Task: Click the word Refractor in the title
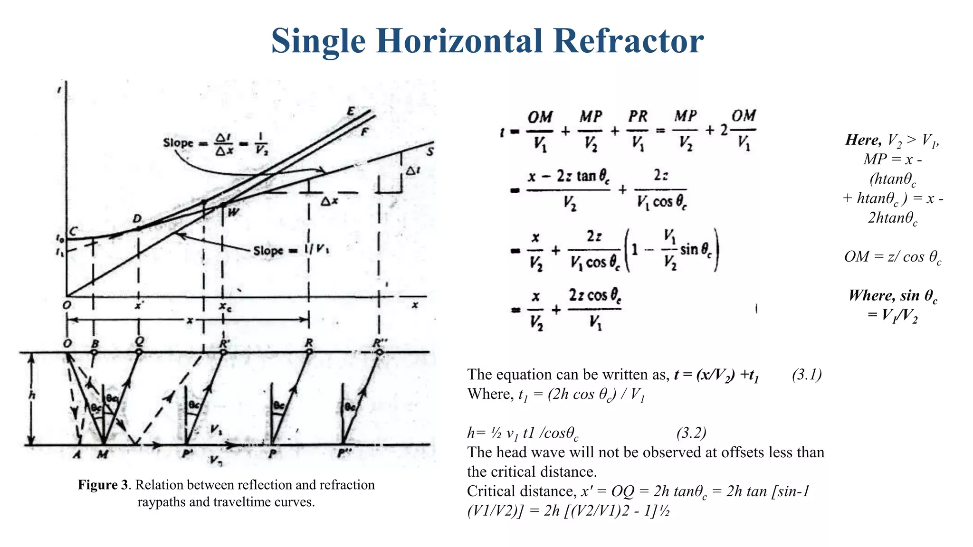pyautogui.click(x=628, y=41)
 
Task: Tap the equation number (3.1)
pyautogui.click(x=807, y=375)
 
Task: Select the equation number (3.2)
pyautogui.click(x=691, y=433)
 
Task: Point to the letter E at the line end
pyautogui.click(x=351, y=112)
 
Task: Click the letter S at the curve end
pyautogui.click(x=430, y=151)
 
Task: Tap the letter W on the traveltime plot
pyautogui.click(x=233, y=213)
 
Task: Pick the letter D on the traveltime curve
pyautogui.click(x=137, y=219)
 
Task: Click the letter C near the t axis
pyautogui.click(x=73, y=231)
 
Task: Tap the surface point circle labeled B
pyautogui.click(x=94, y=352)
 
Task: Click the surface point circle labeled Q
pyautogui.click(x=139, y=352)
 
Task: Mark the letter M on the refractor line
pyautogui.click(x=103, y=455)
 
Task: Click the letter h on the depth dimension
pyautogui.click(x=32, y=395)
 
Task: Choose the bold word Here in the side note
pyautogui.click(x=863, y=140)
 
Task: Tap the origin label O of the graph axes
pyautogui.click(x=67, y=305)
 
